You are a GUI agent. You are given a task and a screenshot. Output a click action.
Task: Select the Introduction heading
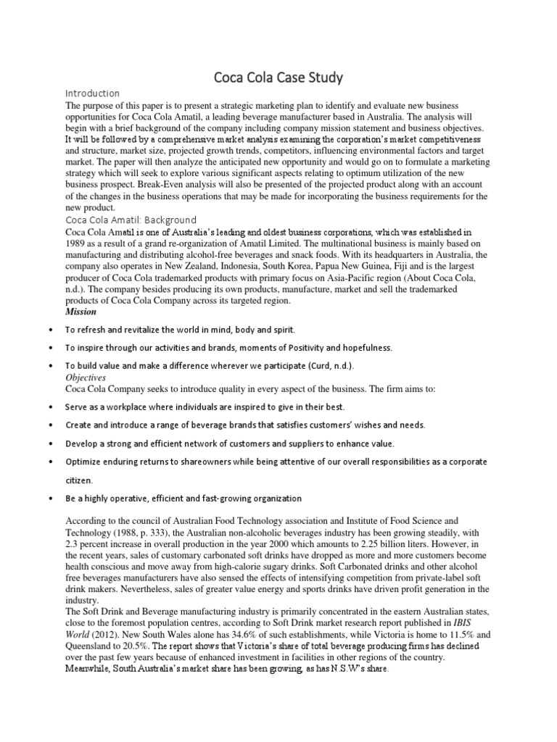tap(92, 93)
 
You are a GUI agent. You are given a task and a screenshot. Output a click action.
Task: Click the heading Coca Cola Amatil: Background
tap(131, 220)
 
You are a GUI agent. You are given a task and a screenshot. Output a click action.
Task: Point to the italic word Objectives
tap(86, 378)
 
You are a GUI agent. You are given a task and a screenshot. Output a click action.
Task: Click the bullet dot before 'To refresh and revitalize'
tap(49, 330)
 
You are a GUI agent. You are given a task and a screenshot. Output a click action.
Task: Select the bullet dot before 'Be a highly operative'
tap(49, 499)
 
